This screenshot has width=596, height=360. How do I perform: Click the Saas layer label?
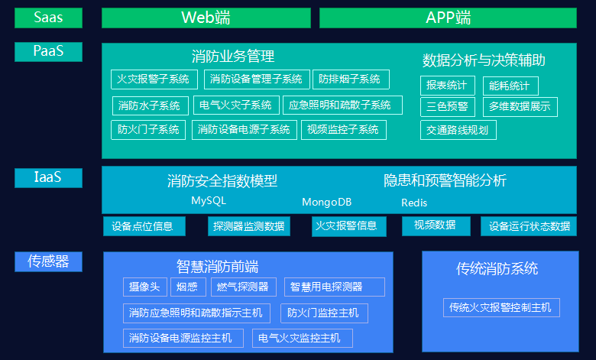48,18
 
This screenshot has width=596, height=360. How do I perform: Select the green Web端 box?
206,18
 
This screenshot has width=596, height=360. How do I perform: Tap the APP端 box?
448,18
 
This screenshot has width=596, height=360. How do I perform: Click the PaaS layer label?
48,51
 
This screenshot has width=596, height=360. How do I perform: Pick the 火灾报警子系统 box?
154,79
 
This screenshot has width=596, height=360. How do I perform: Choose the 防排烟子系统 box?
350,79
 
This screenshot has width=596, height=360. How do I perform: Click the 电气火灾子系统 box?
235,105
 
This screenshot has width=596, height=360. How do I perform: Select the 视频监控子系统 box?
343,129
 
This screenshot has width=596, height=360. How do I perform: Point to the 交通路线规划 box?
458,129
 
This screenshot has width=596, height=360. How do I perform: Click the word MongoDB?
326,203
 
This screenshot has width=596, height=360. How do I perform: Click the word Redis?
414,203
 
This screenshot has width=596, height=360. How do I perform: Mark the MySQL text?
209,200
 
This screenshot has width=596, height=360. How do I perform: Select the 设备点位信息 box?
143,226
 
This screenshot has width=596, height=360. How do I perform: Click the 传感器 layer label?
48,261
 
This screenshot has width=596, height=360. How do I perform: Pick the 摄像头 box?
144,287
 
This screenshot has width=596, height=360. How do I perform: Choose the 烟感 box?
187,287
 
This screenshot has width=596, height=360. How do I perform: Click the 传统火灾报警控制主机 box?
501,307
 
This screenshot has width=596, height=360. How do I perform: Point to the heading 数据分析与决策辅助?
484,60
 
